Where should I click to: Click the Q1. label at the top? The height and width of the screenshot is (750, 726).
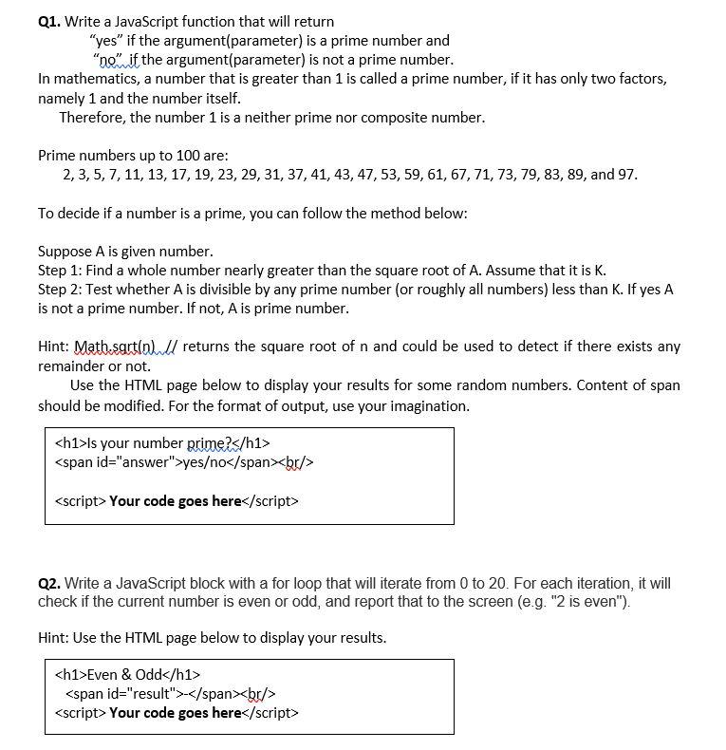point(49,21)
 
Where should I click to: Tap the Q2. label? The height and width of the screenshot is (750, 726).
point(50,584)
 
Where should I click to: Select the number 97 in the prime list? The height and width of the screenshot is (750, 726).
point(626,175)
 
